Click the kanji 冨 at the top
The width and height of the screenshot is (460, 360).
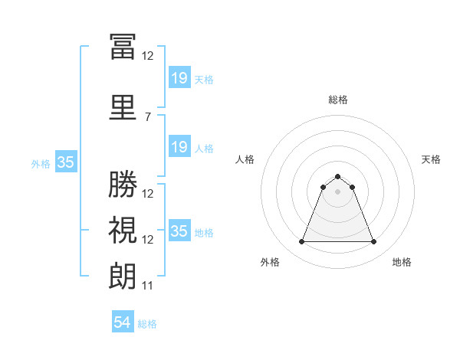[x=123, y=46]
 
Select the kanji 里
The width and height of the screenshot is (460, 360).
[x=123, y=107]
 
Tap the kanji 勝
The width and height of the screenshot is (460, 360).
[x=123, y=184]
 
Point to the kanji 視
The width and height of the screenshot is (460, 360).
[x=123, y=230]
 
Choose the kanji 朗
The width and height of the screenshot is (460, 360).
[x=123, y=277]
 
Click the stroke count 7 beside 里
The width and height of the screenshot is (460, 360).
[x=148, y=117]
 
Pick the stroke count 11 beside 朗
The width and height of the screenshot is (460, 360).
[x=147, y=286]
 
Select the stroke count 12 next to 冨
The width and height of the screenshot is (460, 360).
[x=147, y=56]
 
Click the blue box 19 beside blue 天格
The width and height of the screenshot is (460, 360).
[x=180, y=77]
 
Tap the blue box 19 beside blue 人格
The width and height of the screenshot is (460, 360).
[x=180, y=146]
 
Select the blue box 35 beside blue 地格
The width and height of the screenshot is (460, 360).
[x=180, y=230]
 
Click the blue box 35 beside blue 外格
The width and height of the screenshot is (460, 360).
[x=66, y=162]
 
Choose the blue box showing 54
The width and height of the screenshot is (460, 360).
[x=123, y=321]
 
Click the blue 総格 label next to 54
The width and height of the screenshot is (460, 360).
[x=147, y=324]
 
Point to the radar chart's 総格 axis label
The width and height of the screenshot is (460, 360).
[x=338, y=100]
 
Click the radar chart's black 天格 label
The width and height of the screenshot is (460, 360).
[x=431, y=159]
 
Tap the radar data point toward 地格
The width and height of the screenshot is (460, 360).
[x=373, y=241]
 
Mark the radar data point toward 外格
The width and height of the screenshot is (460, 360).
[x=301, y=241]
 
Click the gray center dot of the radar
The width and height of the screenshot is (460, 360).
[x=337, y=191]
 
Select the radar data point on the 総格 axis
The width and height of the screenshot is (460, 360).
[x=337, y=176]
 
